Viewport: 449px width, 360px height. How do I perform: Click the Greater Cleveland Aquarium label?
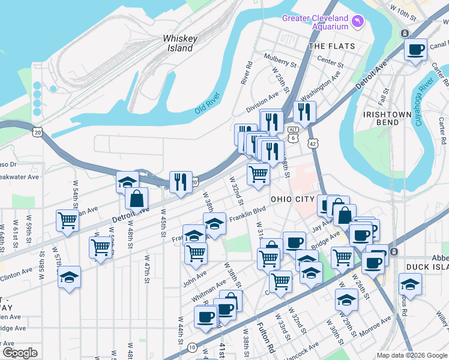coord(315,22)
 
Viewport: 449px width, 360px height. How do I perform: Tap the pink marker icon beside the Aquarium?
coord(358,22)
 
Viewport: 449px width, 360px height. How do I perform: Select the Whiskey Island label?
coord(180,43)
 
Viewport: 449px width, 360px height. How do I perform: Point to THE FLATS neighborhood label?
coord(331,46)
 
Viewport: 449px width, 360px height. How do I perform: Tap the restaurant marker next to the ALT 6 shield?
coord(304,112)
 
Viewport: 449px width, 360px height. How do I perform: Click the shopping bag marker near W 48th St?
coord(137,199)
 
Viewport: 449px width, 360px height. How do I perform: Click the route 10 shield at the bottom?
coord(191,347)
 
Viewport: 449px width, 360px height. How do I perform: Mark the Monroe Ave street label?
coord(375,325)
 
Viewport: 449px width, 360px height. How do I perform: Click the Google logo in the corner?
coord(20,352)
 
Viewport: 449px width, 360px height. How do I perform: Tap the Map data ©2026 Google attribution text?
coord(411,355)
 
